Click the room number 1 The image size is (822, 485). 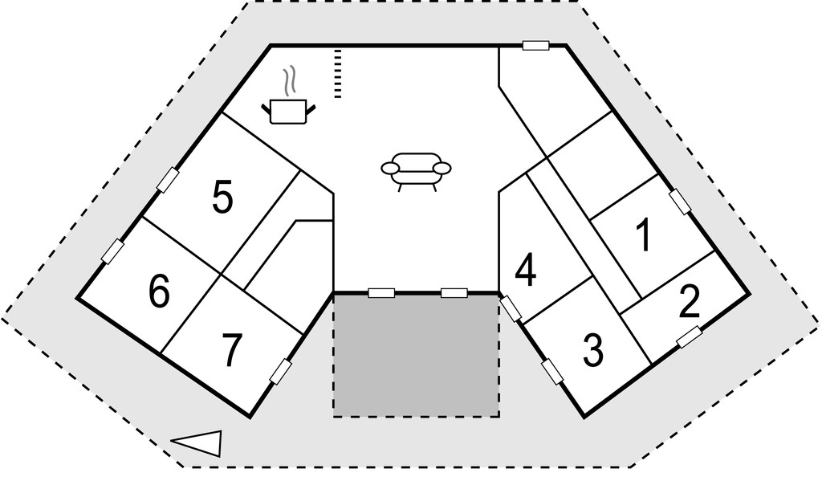tap(643, 234)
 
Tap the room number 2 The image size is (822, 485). tap(689, 302)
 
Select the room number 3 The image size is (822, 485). tap(593, 350)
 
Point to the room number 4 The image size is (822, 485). tap(526, 271)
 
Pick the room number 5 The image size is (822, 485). tap(222, 197)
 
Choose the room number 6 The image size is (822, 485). tap(160, 291)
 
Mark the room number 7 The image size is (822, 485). tap(231, 350)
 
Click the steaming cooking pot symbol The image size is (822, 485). tap(288, 103)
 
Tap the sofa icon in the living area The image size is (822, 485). tap(416, 171)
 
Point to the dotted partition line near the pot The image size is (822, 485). tap(338, 74)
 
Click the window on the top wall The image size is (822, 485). tap(535, 46)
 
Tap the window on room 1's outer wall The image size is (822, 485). tap(680, 202)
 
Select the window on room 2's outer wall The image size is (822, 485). tap(690, 336)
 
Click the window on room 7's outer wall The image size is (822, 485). tap(280, 372)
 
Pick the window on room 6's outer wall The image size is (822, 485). tap(112, 251)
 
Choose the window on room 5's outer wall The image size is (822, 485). tap(168, 180)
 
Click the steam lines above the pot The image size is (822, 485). tap(289, 83)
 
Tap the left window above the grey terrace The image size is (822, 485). tap(381, 293)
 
